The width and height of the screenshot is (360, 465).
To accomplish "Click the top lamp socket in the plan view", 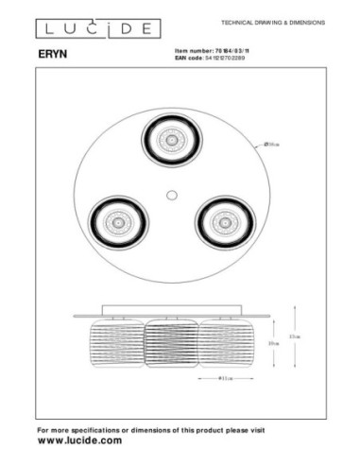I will coord(170,140).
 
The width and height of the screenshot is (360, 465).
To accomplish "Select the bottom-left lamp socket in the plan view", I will coord(116,224).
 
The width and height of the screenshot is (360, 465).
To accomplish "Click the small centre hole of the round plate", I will coord(170,195).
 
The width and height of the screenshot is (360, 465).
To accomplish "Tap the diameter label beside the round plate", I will coord(272,144).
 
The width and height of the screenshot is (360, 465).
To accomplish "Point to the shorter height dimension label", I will coord(273,345).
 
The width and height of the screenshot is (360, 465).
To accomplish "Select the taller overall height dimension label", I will coord(295,336).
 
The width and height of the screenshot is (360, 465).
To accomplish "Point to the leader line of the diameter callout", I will coord(258,148).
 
